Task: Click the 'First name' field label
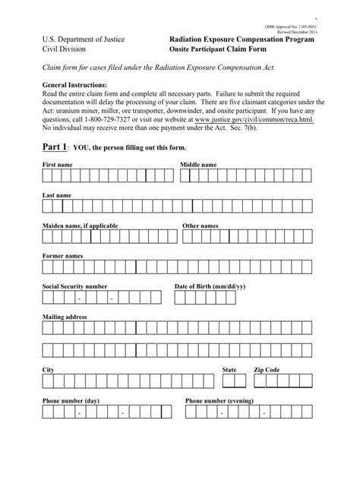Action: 58,164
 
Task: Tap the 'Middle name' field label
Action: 198,164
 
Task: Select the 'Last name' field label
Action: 57,195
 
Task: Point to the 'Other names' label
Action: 201,226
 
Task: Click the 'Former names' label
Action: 62,256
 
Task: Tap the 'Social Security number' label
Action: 74,286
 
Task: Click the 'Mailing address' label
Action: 65,316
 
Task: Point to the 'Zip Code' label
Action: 267,369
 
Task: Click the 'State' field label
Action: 229,369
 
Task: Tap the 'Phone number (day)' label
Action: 71,399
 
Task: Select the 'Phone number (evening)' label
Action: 219,399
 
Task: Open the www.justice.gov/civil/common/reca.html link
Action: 254,119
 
